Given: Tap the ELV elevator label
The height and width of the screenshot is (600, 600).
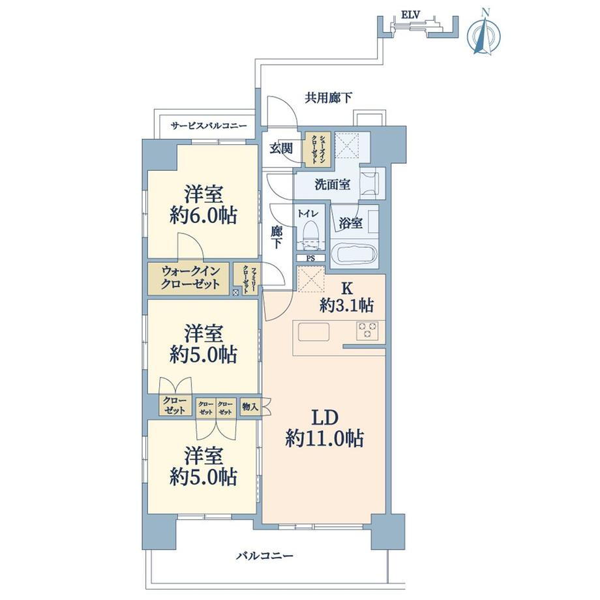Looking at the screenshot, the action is click(411, 15).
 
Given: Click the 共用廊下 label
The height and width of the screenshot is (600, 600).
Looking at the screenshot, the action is click(328, 98).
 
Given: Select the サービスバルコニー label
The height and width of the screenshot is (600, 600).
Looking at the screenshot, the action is click(209, 125).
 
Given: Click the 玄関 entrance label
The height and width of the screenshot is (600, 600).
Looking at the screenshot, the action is click(281, 149).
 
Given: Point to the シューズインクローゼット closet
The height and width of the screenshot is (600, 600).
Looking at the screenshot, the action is click(317, 149).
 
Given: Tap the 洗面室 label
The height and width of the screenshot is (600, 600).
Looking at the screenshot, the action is click(332, 185).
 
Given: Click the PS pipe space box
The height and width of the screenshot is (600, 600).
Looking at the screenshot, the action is click(310, 258).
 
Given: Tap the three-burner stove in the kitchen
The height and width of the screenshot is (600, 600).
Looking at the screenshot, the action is click(367, 331).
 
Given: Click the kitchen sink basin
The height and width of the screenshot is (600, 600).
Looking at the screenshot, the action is click(314, 331).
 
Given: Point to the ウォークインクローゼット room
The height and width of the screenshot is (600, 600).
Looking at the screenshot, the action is click(189, 278).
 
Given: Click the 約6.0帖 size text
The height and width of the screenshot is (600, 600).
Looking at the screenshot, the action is click(203, 216).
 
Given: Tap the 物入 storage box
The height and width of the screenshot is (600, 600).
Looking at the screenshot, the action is click(250, 407).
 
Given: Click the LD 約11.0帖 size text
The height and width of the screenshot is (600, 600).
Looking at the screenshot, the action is click(325, 438).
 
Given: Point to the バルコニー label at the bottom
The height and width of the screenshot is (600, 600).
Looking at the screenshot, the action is click(264, 555).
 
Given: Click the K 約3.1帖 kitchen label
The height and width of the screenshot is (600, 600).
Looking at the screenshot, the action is click(347, 297).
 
